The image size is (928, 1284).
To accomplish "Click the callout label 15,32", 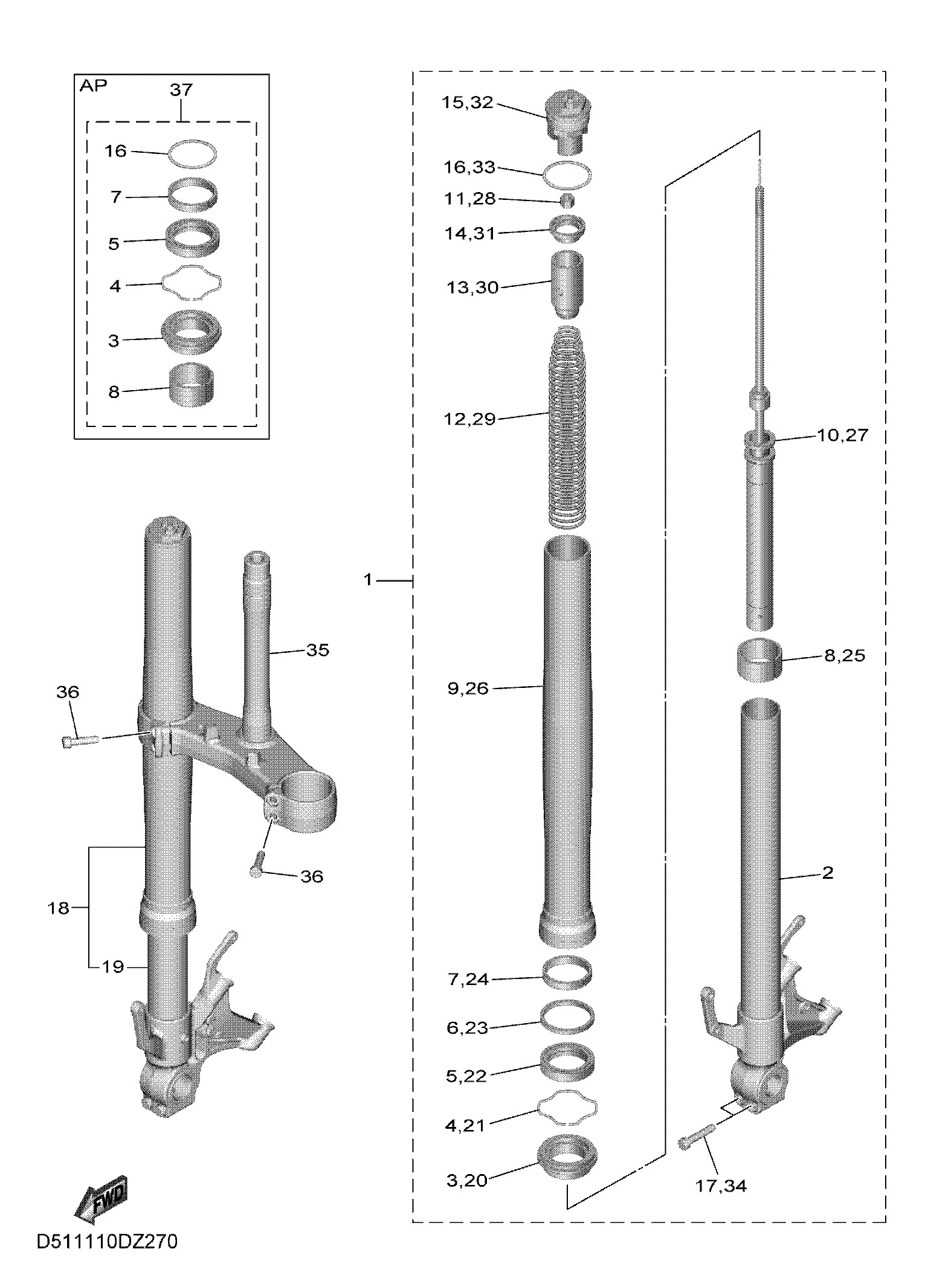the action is tap(467, 103).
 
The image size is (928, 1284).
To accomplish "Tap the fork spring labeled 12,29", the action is tap(567, 426).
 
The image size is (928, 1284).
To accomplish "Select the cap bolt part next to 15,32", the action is tap(567, 123).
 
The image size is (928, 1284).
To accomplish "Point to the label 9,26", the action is tap(468, 688).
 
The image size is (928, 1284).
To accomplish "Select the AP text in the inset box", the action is tap(93, 86).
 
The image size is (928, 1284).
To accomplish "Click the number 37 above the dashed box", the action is tap(181, 90).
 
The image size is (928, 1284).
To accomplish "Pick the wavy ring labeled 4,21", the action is tap(567, 1108).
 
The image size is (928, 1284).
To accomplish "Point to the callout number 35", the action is tap(318, 650).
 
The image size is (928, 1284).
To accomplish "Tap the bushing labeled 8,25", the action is tap(759, 660).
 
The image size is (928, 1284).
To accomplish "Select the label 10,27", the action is tap(842, 435).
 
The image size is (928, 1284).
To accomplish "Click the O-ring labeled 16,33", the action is tap(567, 176).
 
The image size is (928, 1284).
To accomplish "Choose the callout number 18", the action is tap(59, 908).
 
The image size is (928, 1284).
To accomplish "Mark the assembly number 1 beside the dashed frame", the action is tap(369, 580).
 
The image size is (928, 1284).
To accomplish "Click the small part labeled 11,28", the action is tap(567, 201).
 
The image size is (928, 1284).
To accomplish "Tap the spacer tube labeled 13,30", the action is tap(567, 284).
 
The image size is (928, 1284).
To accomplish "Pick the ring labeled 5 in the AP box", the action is tap(193, 238).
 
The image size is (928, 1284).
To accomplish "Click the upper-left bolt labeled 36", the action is tap(79, 740).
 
